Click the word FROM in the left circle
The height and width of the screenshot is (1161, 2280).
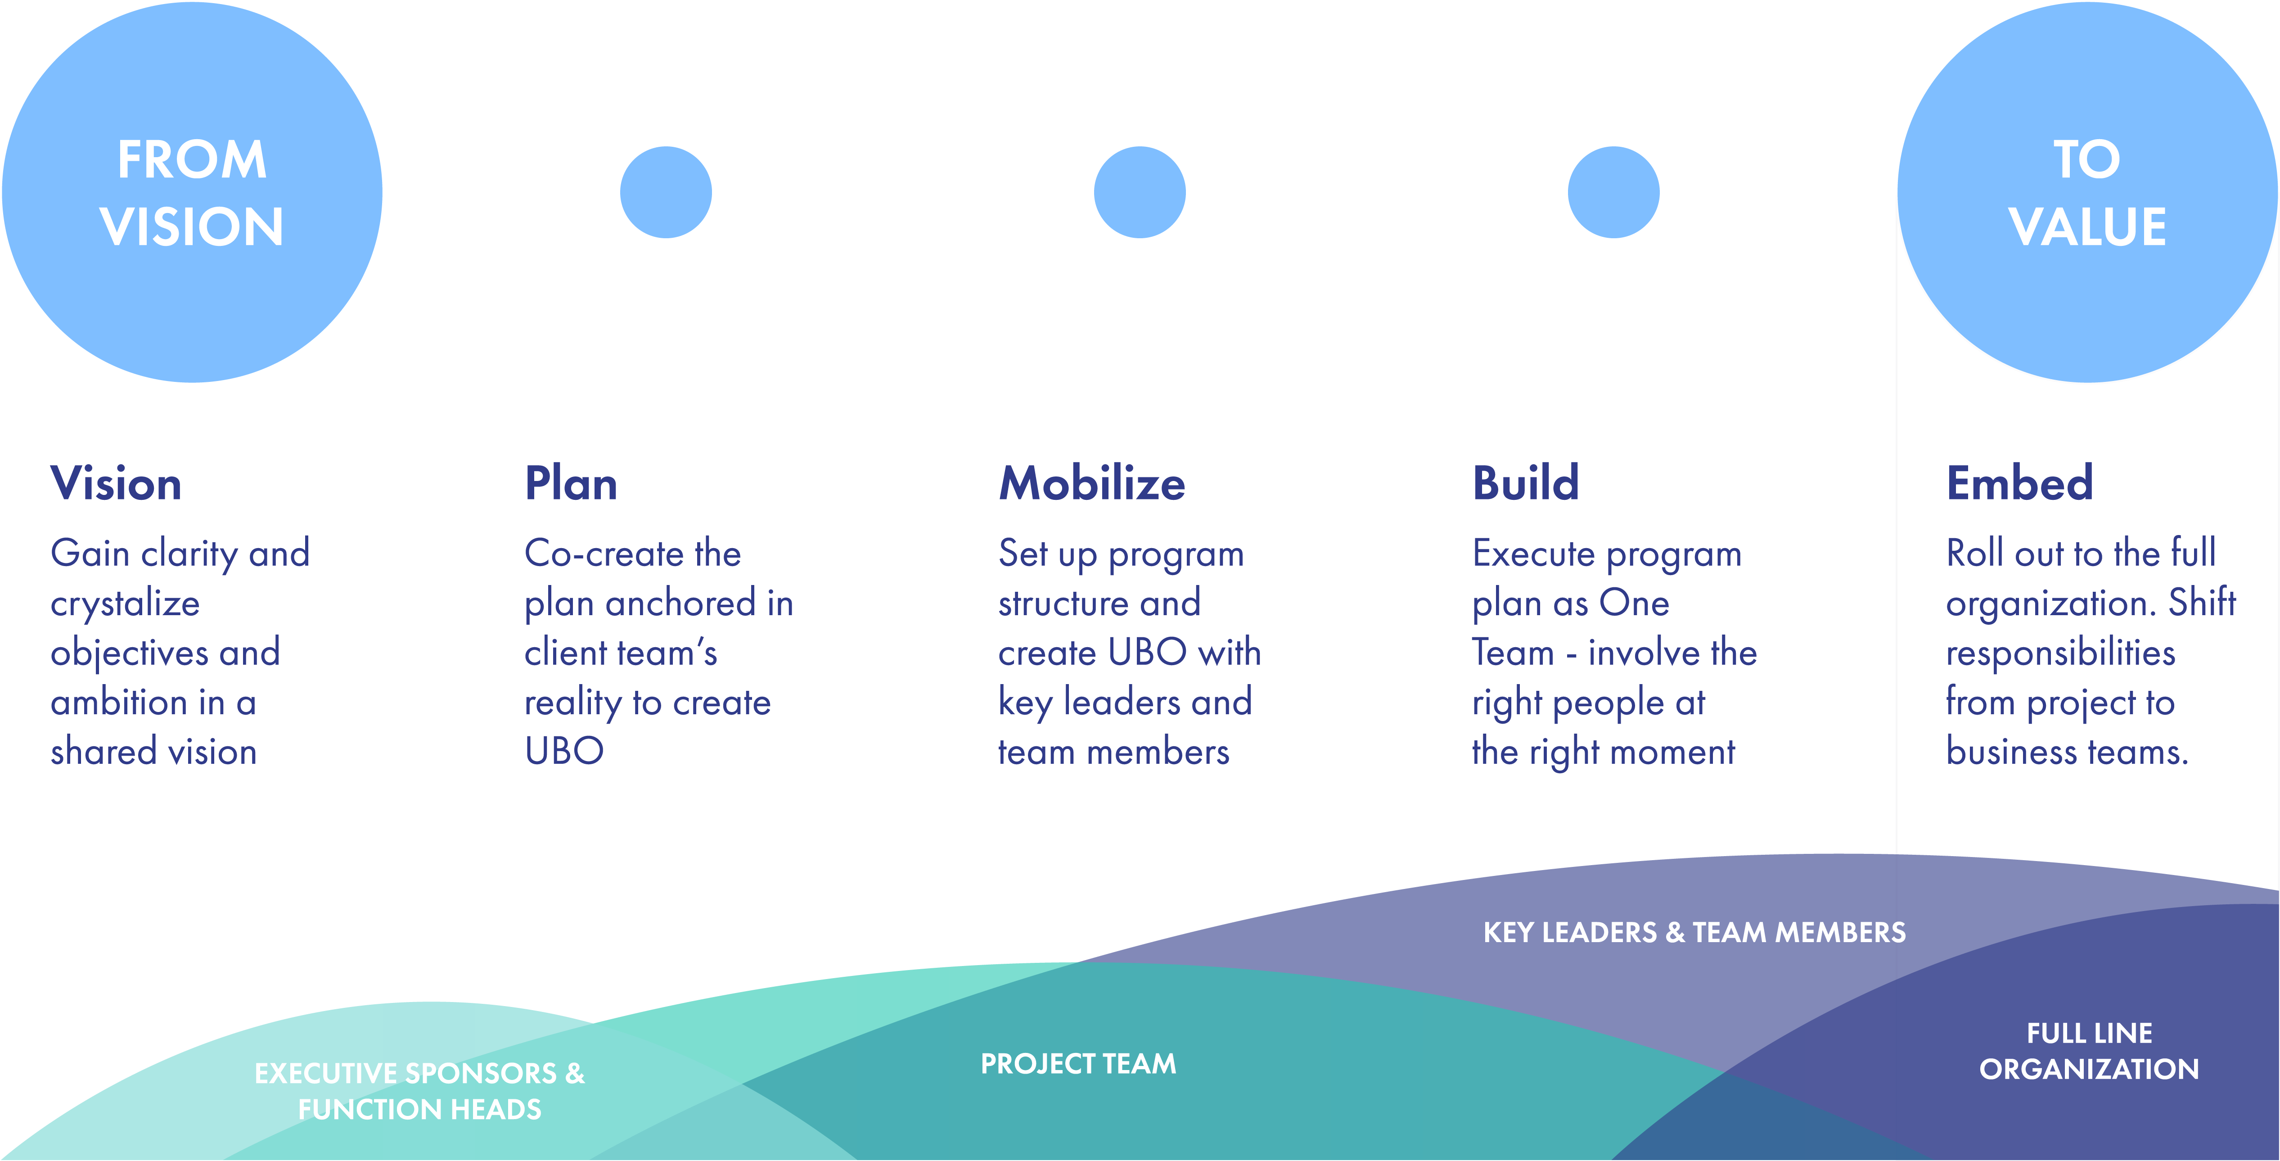(192, 160)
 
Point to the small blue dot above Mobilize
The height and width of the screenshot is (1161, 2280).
(1140, 192)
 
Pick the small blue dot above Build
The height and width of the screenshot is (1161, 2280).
(1613, 192)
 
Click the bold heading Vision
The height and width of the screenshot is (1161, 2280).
(116, 484)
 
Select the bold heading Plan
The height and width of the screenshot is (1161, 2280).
(571, 484)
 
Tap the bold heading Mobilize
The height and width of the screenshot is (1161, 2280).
(1092, 484)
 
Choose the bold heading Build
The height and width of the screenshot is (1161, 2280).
(1526, 484)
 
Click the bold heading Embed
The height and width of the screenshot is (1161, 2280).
(2020, 484)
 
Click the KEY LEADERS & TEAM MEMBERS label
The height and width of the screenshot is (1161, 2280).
(1694, 933)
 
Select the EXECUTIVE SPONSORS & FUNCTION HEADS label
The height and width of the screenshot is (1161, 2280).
(419, 1091)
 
